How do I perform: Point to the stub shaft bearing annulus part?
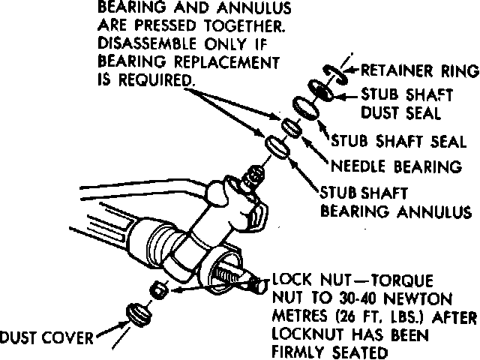274,146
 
